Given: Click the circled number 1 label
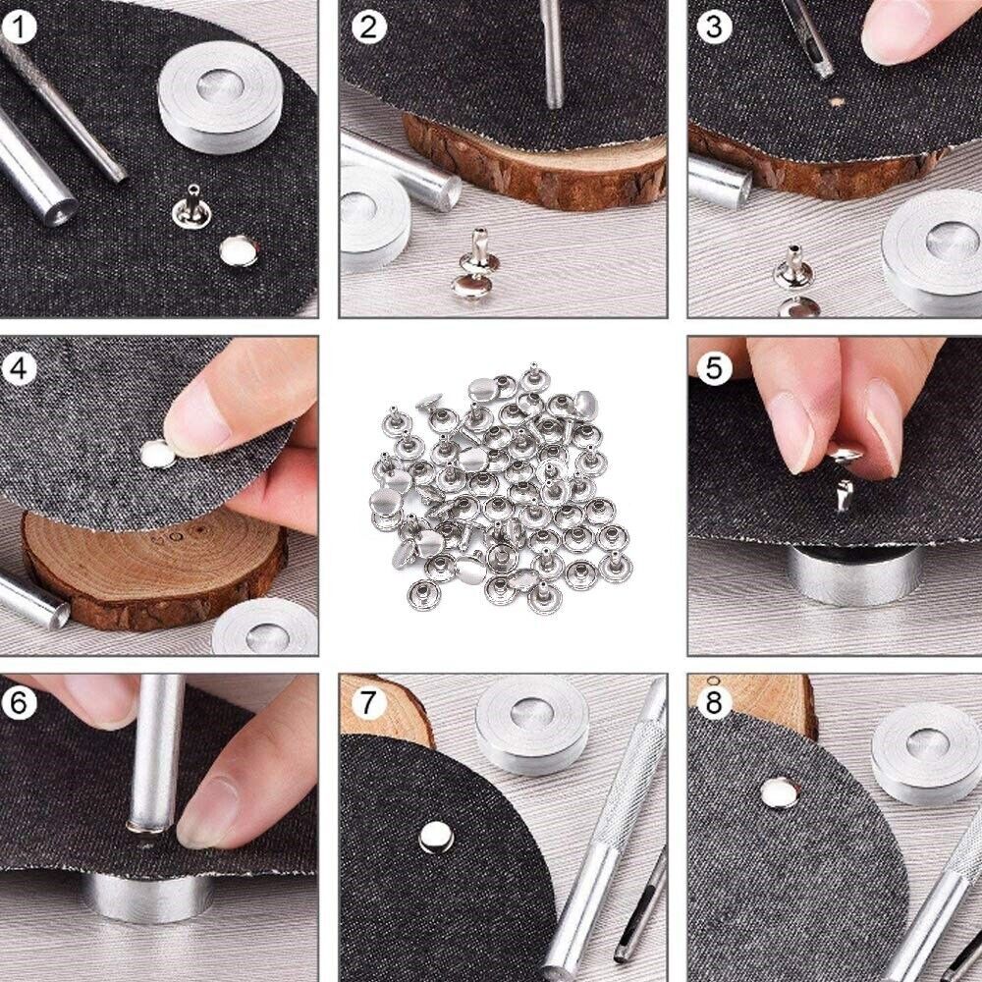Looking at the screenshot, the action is (19, 27).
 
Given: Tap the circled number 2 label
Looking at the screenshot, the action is (368, 27).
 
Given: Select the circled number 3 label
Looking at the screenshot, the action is (714, 27).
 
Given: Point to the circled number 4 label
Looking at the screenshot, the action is (19, 368).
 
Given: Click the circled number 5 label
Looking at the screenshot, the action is (714, 368).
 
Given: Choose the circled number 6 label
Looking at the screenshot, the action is (19, 703).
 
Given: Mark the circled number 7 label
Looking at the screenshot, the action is (368, 703).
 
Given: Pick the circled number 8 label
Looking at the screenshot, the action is (714, 703).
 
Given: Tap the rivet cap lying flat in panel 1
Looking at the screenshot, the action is (239, 250).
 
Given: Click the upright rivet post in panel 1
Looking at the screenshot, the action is (191, 206).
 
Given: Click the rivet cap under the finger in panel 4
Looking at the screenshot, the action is (157, 454).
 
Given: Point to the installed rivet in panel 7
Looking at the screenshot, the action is (436, 838).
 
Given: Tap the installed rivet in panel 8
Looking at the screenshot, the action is (780, 792).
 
